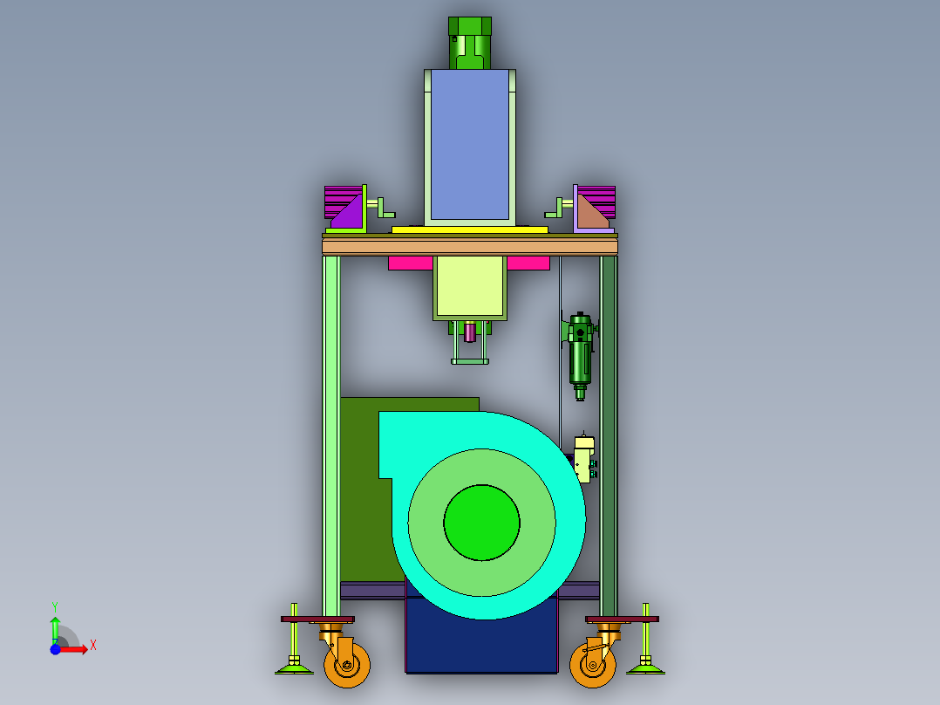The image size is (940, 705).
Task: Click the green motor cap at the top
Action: pos(470,43)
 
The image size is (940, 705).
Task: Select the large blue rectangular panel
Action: pos(470,145)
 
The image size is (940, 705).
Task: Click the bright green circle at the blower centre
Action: pos(482,523)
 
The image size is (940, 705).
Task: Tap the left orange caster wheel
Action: pos(347,665)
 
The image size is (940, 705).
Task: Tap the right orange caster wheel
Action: pos(593,665)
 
